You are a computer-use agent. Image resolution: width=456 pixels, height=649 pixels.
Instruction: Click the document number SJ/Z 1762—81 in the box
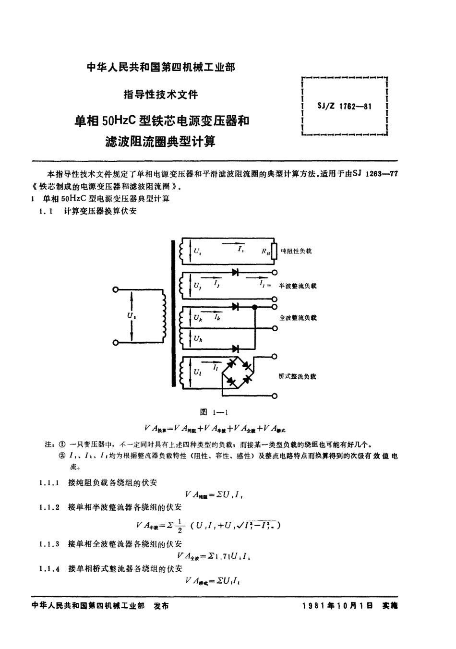[345, 107]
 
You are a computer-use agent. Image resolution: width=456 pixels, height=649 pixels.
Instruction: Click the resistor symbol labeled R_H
[275, 251]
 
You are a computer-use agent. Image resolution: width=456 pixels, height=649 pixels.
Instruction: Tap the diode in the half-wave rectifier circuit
[235, 272]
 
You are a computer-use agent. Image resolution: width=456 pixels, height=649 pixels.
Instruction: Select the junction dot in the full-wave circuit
[255, 306]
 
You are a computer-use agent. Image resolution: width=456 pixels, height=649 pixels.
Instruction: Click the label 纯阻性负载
[296, 251]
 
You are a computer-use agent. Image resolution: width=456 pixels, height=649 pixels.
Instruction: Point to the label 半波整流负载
[298, 286]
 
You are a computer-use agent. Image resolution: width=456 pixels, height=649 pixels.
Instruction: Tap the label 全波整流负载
[298, 318]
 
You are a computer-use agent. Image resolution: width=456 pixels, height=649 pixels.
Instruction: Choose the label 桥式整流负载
[297, 377]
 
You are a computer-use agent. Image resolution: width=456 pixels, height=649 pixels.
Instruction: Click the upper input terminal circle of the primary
[115, 290]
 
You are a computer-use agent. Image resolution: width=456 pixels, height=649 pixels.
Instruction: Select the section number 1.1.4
[49, 569]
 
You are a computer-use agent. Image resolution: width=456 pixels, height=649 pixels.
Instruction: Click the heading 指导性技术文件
[161, 94]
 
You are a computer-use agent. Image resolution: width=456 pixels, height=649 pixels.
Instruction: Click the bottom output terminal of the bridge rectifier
[275, 396]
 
